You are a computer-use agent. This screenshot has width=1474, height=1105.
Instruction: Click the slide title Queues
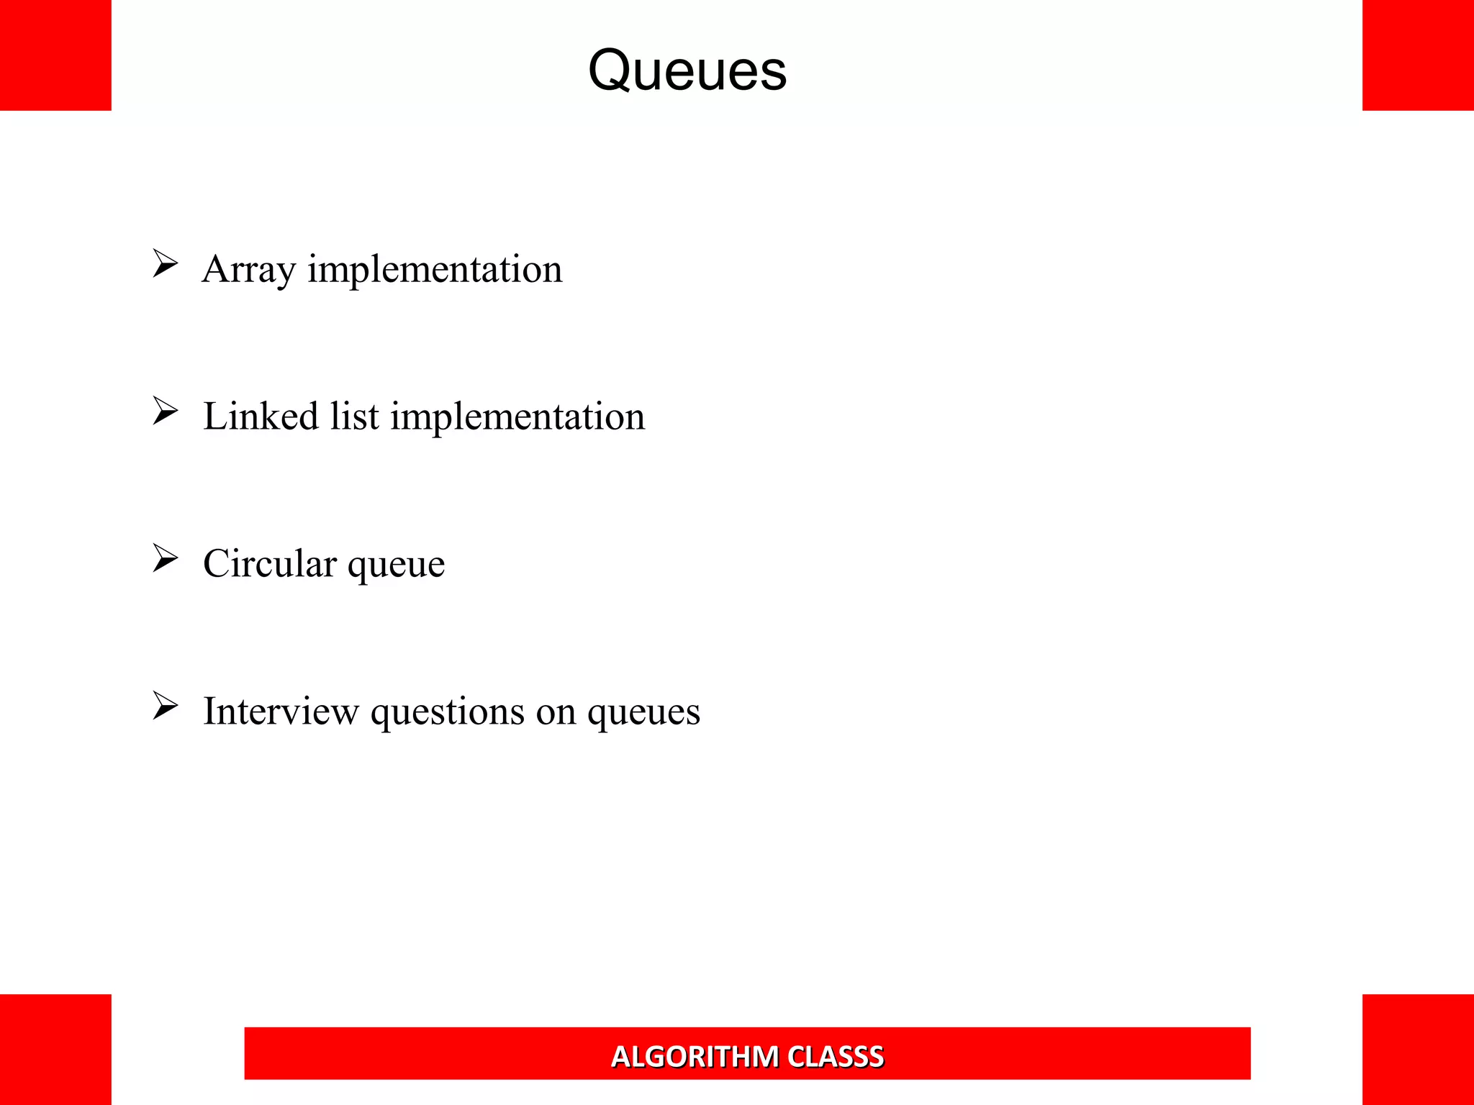[x=687, y=71]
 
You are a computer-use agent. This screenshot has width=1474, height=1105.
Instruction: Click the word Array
[x=248, y=270]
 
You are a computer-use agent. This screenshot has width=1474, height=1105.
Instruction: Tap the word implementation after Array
[x=435, y=270]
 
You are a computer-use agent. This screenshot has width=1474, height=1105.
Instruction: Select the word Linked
[x=261, y=417]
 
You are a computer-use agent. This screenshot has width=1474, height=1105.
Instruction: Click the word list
[x=354, y=417]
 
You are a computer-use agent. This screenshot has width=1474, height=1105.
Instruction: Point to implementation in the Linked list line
[x=517, y=417]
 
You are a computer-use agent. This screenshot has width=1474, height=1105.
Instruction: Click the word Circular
[x=269, y=563]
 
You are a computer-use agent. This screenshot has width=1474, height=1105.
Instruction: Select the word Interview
[x=281, y=711]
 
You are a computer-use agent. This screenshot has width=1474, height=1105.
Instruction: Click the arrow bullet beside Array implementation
[x=165, y=264]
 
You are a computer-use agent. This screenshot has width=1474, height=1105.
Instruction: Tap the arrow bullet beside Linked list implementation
[x=165, y=411]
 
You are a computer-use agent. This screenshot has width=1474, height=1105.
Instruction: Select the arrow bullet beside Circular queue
[x=165, y=558]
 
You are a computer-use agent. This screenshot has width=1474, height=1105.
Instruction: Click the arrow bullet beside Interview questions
[x=165, y=706]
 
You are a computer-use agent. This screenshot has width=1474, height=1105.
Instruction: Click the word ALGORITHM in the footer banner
[x=695, y=1057]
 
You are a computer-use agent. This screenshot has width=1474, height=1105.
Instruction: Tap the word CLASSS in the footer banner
[x=836, y=1057]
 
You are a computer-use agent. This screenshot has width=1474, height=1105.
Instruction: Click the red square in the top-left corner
[x=55, y=55]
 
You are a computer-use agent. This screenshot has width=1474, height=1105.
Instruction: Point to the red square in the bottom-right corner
[x=1418, y=1050]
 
